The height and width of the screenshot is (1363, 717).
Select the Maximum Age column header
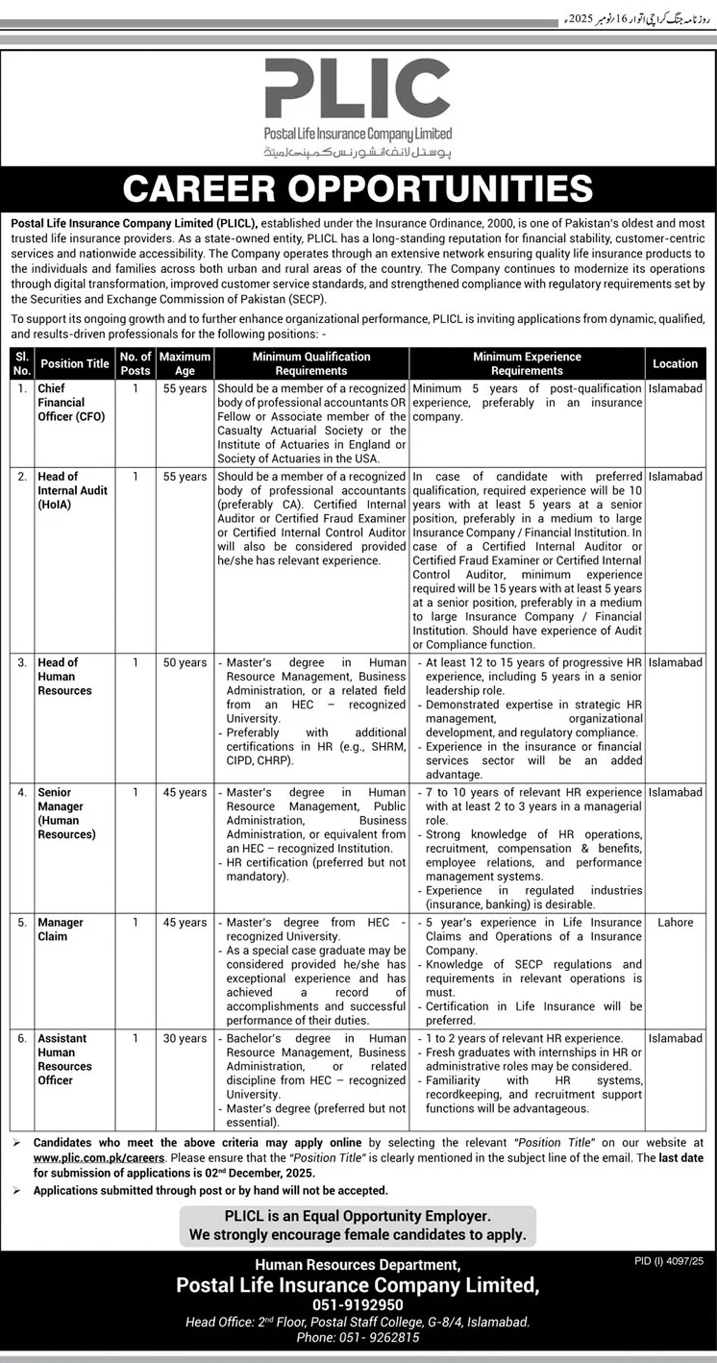tap(185, 364)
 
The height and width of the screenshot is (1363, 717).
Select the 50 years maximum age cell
tap(185, 662)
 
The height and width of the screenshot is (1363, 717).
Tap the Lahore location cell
tap(675, 922)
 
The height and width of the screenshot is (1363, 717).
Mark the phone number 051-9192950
tap(358, 1305)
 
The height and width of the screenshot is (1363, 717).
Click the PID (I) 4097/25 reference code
tap(669, 1261)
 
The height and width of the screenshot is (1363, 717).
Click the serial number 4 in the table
tap(22, 792)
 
